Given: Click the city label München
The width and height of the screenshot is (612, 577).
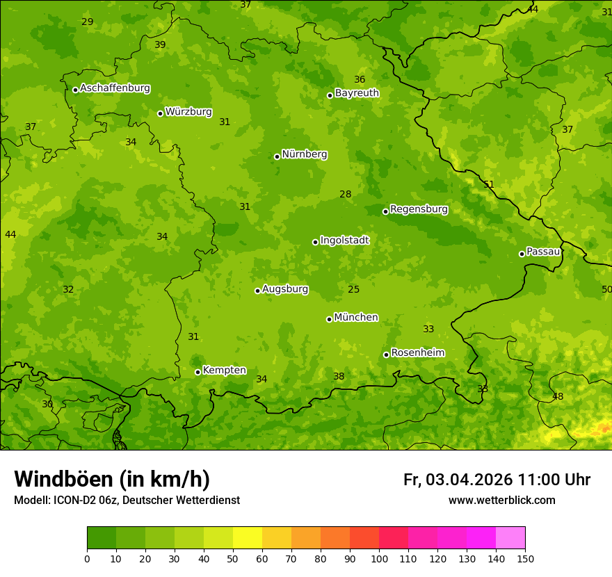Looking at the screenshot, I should pos(356,318).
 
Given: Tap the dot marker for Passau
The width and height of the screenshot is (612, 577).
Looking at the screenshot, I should pos(522,254).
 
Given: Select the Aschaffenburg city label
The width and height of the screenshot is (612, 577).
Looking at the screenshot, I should pos(115,88).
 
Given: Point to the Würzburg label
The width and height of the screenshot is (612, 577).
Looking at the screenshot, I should pos(188,112).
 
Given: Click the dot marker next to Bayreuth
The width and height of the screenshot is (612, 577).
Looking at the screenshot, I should pos(330,95).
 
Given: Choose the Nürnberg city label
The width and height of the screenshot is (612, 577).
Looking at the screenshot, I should pos(304,154).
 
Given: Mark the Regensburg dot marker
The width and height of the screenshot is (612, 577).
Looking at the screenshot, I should pos(385,211).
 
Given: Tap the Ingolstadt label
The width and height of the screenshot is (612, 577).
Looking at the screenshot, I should pos(344,241).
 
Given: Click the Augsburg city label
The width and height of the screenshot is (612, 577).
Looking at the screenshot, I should pos(285,289).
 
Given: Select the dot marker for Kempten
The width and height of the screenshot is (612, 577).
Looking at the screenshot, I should pos(198,372).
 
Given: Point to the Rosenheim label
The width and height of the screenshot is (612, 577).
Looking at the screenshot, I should pos(417,353).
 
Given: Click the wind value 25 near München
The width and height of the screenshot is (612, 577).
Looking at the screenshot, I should pos(354,289).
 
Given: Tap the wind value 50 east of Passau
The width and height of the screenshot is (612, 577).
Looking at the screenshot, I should pos(606,289).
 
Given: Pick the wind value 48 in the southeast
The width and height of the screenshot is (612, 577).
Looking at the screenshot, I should pos(558,397).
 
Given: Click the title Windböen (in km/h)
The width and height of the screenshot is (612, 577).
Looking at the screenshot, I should pos(112,479).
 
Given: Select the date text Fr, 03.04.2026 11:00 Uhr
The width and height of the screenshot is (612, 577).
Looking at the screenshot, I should pos(497,480).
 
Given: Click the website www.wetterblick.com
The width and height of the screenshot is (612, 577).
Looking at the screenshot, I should pos(501,501).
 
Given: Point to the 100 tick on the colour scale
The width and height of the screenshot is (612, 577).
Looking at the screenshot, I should pos(379,558).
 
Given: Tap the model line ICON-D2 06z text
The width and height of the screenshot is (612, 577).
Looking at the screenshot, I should pos(127,501).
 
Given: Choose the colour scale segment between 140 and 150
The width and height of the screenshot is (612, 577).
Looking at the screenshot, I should pos(510,538).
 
